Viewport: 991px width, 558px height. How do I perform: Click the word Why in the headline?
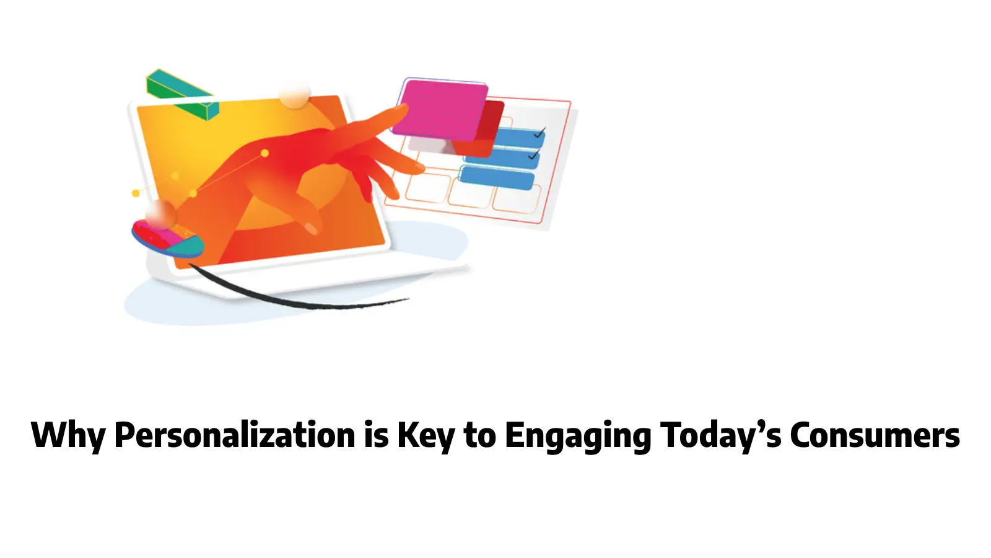(x=68, y=435)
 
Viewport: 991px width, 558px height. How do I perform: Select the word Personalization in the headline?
(x=235, y=435)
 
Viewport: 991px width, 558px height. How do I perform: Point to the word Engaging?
(x=577, y=435)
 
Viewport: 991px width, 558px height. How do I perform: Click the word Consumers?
(x=875, y=435)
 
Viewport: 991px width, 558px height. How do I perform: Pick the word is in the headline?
(x=376, y=435)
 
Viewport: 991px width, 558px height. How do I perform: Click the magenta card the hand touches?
(x=441, y=108)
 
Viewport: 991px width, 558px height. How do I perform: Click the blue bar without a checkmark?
(x=497, y=179)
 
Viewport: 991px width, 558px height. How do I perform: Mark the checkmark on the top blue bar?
(x=539, y=133)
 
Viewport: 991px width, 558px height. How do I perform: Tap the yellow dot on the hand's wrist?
(x=264, y=153)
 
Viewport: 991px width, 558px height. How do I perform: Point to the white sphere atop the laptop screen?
(x=294, y=95)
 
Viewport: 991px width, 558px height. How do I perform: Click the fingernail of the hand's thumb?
(x=312, y=229)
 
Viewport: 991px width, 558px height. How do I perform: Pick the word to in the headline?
(x=480, y=435)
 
